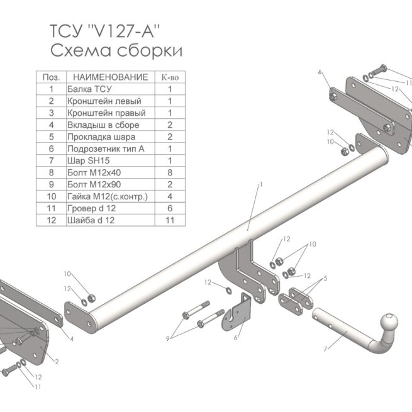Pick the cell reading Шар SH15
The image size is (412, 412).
pos(89,160)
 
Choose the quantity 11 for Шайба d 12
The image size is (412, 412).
pos(169,220)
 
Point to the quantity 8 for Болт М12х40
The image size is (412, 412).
pos(169,172)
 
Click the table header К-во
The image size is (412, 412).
pos(169,77)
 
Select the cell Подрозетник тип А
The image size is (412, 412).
pos(106,148)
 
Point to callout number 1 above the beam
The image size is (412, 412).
pos(260,184)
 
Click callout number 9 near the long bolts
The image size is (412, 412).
pos(168,338)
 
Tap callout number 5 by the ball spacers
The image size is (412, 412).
pos(325,278)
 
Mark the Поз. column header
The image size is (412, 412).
pos(50,77)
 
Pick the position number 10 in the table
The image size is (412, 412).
pos(50,196)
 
